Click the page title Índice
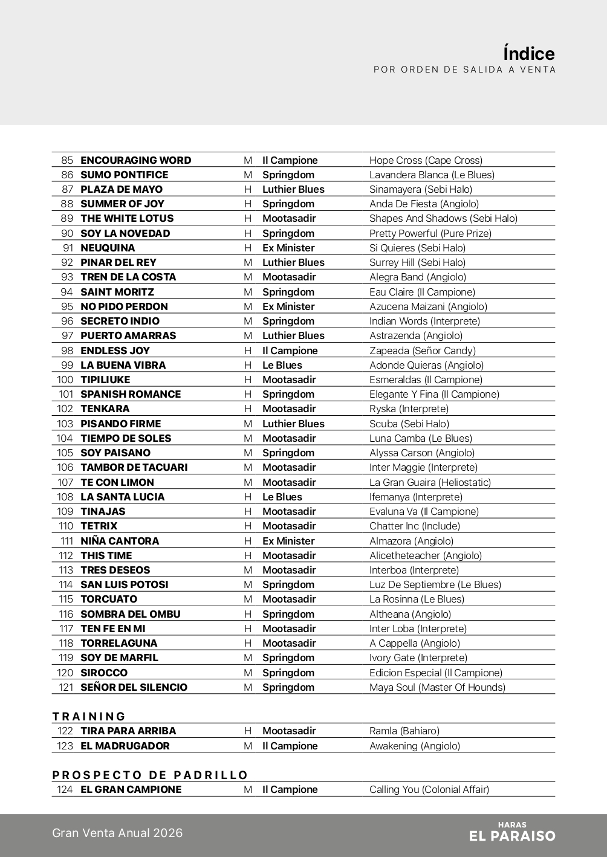[x=528, y=53]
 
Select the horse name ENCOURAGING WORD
[x=135, y=160]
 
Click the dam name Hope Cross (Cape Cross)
[x=426, y=160]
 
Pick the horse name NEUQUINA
[x=108, y=248]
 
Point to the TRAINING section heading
[x=89, y=716]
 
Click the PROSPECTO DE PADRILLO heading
[x=150, y=775]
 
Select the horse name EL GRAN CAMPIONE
[x=131, y=789]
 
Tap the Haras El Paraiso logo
[x=512, y=832]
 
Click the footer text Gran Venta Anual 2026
[x=117, y=833]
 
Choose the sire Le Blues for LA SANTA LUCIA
[x=282, y=497]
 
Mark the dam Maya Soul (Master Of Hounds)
[x=437, y=687]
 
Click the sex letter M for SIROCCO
[x=248, y=673]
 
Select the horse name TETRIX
[x=99, y=526]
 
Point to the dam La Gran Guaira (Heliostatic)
[x=430, y=482]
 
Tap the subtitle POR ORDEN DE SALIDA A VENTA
[x=464, y=70]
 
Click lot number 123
[x=65, y=746]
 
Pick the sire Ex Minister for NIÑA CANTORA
[x=288, y=541]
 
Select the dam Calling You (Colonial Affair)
[x=429, y=789]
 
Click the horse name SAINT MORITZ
[x=117, y=292]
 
